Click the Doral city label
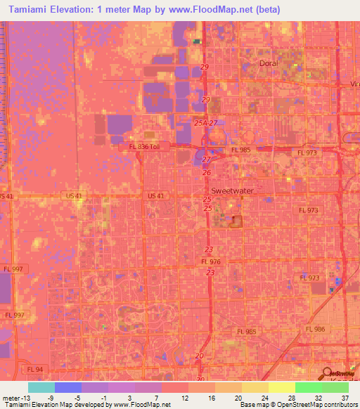(x=269, y=63)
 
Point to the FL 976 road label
(x=210, y=262)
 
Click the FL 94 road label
(x=35, y=368)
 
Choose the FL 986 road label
(x=315, y=329)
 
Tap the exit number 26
(x=207, y=172)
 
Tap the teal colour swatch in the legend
(x=41, y=387)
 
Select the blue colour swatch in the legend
(x=68, y=387)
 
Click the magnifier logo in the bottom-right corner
(x=326, y=372)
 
